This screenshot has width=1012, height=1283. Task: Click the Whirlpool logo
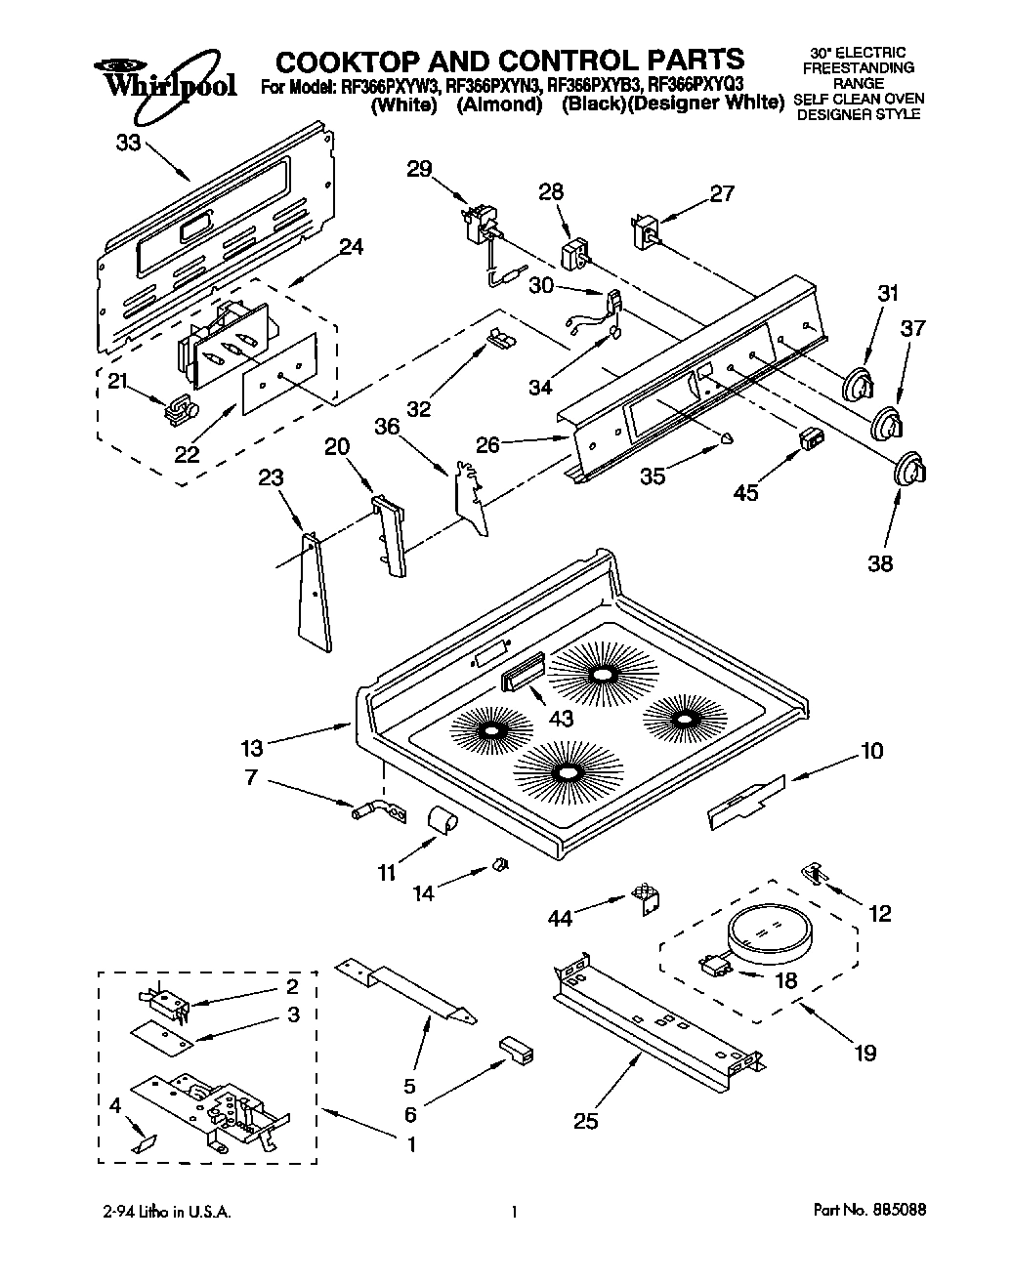(164, 78)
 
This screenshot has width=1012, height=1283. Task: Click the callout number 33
(128, 143)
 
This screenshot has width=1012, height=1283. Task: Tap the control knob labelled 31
(858, 382)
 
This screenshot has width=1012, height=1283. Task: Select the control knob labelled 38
(909, 467)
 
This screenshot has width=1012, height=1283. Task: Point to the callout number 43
(561, 720)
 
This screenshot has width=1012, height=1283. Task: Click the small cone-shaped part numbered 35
(727, 438)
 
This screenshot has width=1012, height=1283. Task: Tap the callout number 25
(585, 1121)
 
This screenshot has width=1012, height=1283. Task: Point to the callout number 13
(252, 748)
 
